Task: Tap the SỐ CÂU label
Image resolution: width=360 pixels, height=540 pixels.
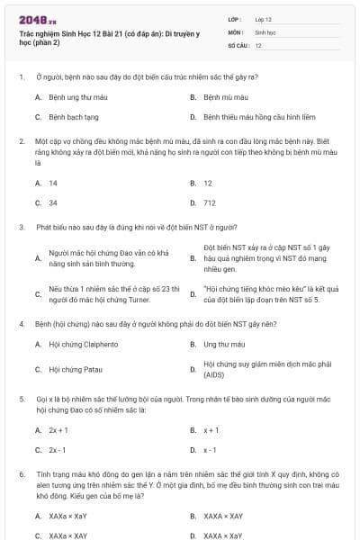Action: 237,45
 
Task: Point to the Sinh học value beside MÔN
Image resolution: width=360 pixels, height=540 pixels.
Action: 265,31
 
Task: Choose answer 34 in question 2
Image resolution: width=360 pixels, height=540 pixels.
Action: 53,203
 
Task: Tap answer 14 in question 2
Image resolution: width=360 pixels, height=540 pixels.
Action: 53,183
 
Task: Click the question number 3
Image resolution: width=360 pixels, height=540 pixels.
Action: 21,227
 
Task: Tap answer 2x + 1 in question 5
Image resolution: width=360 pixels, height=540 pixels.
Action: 58,430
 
